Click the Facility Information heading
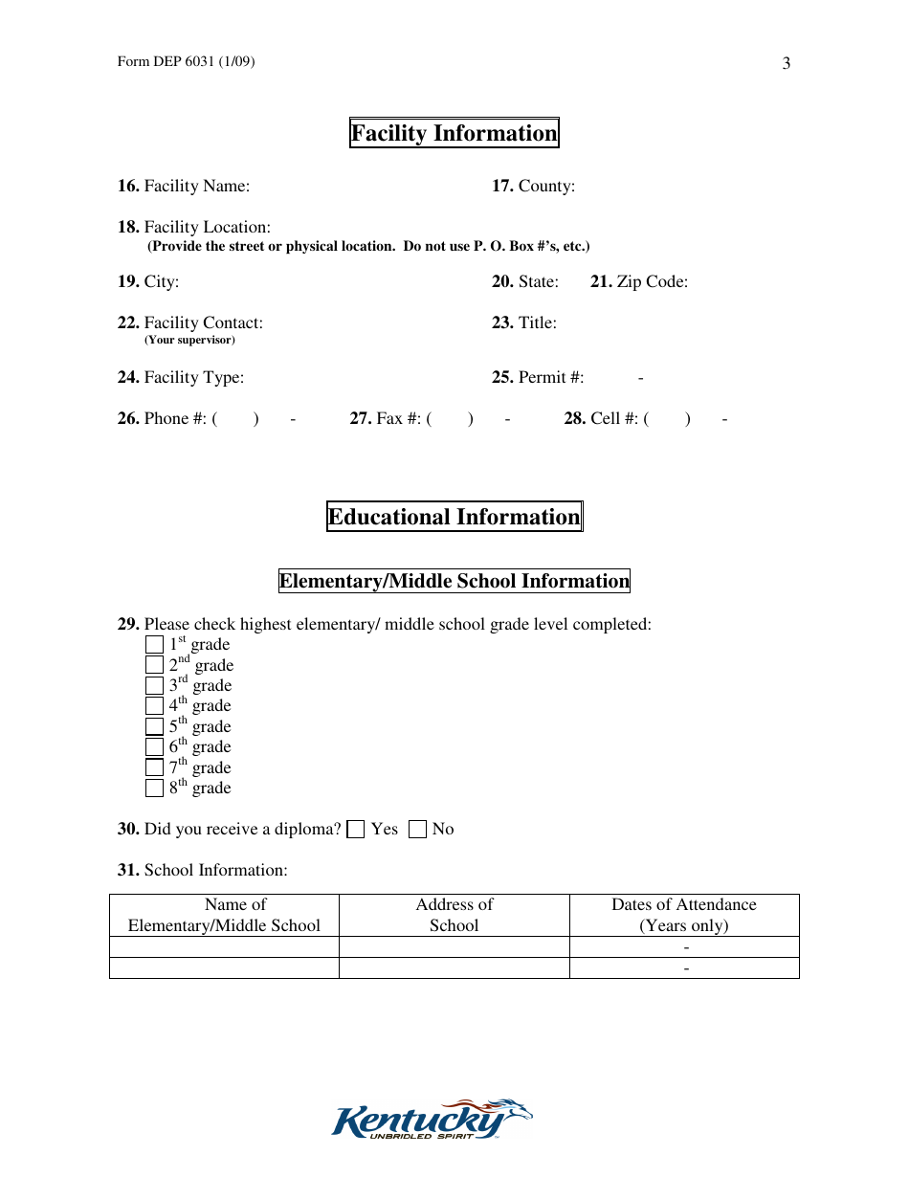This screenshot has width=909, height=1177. (x=454, y=133)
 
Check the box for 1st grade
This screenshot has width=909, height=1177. (x=154, y=645)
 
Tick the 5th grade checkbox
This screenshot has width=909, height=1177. (x=154, y=727)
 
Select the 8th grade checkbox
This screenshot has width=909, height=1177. (x=154, y=788)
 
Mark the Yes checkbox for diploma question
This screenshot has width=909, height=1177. (x=356, y=830)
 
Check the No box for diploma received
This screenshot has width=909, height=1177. (x=417, y=830)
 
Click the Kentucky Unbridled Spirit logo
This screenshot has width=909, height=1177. (x=432, y=1119)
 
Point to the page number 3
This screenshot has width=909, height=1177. (x=786, y=64)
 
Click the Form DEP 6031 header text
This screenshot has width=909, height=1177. (x=186, y=62)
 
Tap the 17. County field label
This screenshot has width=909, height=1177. (x=533, y=187)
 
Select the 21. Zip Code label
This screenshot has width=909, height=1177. (x=638, y=282)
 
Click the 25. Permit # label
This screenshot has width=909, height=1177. (x=538, y=378)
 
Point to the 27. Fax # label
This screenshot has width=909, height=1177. (x=387, y=419)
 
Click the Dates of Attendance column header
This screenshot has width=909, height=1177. (x=683, y=915)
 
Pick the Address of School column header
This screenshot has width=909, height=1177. (x=454, y=915)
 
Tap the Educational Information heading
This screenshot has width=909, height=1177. (x=454, y=517)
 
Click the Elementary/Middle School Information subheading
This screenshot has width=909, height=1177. (x=454, y=581)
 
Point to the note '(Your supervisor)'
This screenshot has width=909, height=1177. (x=189, y=340)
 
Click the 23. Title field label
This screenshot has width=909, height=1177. (x=523, y=323)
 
